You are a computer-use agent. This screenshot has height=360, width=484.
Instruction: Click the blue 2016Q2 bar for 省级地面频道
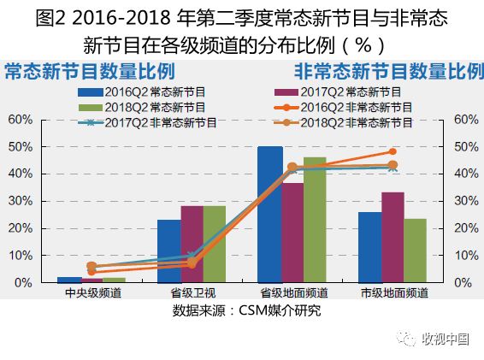(x=269, y=215)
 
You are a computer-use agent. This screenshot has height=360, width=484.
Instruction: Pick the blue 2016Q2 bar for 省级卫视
(x=169, y=251)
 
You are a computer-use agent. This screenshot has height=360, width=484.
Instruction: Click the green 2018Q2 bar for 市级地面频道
(x=416, y=251)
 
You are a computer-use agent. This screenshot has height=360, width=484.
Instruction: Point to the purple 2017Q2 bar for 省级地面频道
(x=292, y=233)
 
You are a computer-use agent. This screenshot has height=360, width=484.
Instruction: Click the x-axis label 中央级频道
(x=92, y=293)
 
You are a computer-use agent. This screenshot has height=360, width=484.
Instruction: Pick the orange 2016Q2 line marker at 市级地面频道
(x=393, y=151)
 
